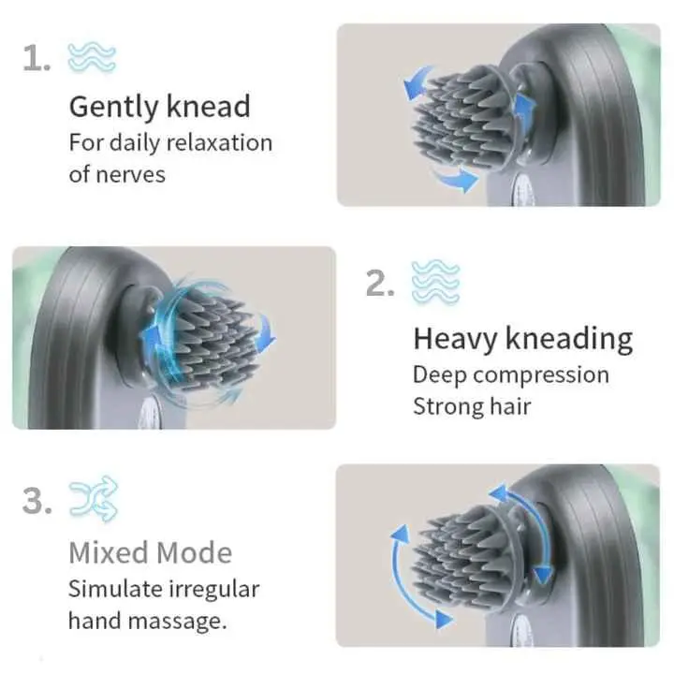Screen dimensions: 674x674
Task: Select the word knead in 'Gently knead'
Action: [x=208, y=106]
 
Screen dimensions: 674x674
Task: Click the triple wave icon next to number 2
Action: [x=436, y=282]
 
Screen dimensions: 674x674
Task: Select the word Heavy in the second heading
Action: [x=455, y=338]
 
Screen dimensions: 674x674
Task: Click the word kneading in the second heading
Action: [x=569, y=338]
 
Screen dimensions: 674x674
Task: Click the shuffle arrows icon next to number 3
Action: [x=93, y=501]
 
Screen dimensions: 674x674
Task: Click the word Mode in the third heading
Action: [x=196, y=552]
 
